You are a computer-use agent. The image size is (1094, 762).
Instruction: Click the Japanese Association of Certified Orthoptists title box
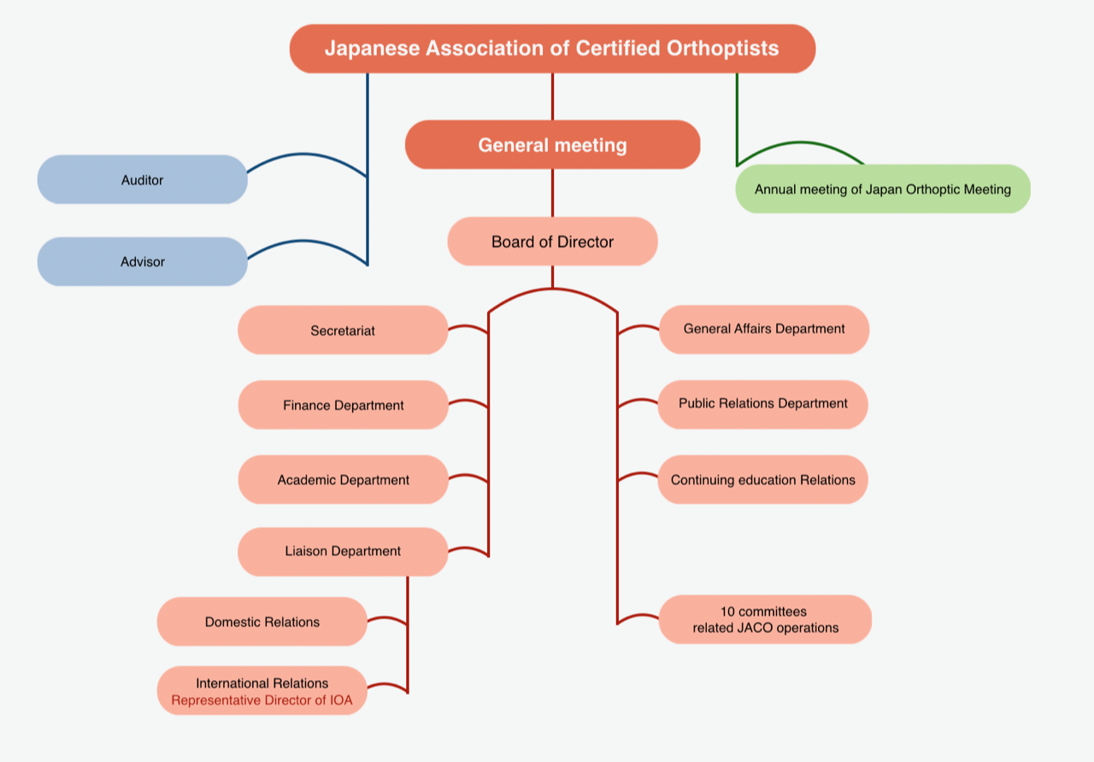[552, 49]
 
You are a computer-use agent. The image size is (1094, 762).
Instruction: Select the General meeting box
[552, 145]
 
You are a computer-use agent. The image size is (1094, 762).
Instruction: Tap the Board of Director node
[552, 242]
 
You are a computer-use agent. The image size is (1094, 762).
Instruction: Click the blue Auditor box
[142, 180]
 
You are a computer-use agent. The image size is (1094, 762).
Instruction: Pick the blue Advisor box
[142, 261]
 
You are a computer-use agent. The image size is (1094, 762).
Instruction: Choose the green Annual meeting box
[882, 190]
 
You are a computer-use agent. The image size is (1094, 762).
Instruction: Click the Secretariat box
[343, 331]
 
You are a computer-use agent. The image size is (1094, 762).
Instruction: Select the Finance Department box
[343, 405]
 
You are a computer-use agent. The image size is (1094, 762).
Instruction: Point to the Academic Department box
[343, 480]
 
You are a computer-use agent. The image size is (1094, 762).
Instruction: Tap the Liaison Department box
[343, 552]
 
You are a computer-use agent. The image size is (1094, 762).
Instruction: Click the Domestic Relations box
[262, 622]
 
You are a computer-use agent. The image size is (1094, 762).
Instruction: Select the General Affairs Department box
[764, 329]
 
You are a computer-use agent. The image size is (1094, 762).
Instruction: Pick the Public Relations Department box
[762, 403]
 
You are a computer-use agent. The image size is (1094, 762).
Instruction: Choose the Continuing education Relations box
[762, 480]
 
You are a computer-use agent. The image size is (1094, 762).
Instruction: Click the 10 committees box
[765, 619]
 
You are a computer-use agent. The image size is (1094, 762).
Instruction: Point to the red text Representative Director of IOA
[262, 700]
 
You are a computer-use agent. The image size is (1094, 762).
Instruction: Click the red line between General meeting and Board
[552, 193]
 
